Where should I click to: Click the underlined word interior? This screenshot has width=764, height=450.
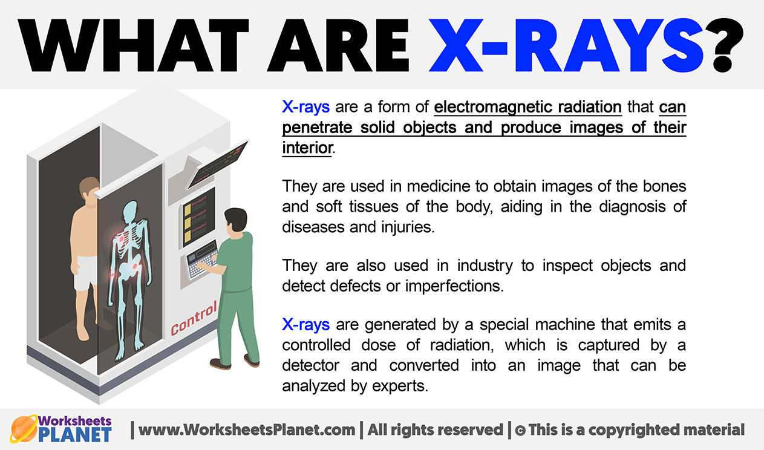tap(307, 148)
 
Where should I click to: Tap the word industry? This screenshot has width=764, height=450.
tap(485, 266)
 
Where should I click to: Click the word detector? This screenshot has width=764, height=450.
tap(311, 365)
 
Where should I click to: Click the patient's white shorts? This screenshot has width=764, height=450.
tap(86, 273)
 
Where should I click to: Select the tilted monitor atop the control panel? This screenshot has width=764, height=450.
tap(218, 165)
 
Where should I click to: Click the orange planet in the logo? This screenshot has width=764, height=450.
tap(24, 429)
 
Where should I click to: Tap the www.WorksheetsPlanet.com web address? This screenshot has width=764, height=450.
tap(247, 429)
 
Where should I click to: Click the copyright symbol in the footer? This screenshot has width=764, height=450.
tap(520, 431)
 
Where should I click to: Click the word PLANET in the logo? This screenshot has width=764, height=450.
tap(74, 435)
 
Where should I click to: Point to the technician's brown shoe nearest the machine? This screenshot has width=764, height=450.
tap(220, 364)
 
